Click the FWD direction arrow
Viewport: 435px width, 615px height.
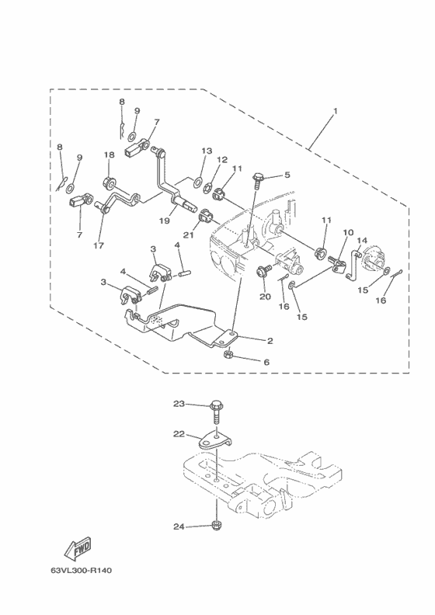(x=78, y=547)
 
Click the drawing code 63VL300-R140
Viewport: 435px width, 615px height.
(x=82, y=570)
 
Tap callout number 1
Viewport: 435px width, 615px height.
(x=335, y=111)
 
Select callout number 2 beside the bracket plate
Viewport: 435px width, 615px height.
(x=270, y=341)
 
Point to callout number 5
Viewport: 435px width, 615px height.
(x=287, y=175)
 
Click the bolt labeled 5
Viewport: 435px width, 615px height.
(x=259, y=182)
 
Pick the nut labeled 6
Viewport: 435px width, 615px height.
(x=227, y=355)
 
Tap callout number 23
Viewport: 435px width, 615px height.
(x=179, y=404)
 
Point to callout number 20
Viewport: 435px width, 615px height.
(x=265, y=297)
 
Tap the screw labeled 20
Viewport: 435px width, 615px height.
(x=263, y=271)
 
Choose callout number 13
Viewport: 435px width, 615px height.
(x=207, y=151)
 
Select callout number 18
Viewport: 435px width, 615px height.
(x=109, y=155)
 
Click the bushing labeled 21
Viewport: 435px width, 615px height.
(x=206, y=216)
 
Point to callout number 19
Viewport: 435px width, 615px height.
(x=165, y=221)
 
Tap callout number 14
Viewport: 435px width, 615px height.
(x=362, y=240)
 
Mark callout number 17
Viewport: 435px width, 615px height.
(x=99, y=245)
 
